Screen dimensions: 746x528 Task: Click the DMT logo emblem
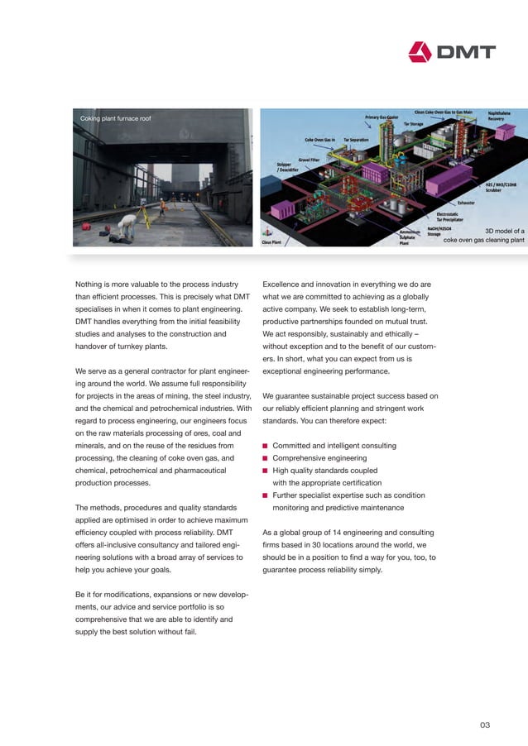click(421, 52)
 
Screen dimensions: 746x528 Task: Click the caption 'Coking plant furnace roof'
click(115, 119)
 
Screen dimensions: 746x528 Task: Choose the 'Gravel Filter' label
click(310, 158)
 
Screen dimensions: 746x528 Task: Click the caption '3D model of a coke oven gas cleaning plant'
click(484, 236)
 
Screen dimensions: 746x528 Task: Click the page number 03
click(485, 725)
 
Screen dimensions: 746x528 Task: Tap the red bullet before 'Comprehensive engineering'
click(266, 458)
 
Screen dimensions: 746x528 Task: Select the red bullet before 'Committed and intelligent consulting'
click(266, 446)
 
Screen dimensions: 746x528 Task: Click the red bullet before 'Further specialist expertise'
click(266, 495)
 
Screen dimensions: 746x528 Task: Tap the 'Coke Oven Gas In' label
click(319, 140)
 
